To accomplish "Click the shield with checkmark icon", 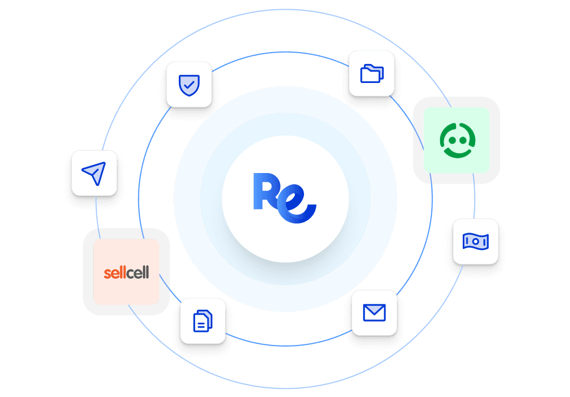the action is (189, 84).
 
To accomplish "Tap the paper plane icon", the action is (94, 173).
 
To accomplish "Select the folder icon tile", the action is (372, 74).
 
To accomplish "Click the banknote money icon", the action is (475, 241).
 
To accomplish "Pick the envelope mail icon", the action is (374, 312).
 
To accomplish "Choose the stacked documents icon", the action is (203, 321).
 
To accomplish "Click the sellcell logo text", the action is (126, 272).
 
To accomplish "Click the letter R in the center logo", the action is (264, 191).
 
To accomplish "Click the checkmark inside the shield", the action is (189, 84).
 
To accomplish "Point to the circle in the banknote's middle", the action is (475, 241).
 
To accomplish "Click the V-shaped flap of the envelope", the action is (374, 310).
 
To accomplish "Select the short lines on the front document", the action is (201, 324).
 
